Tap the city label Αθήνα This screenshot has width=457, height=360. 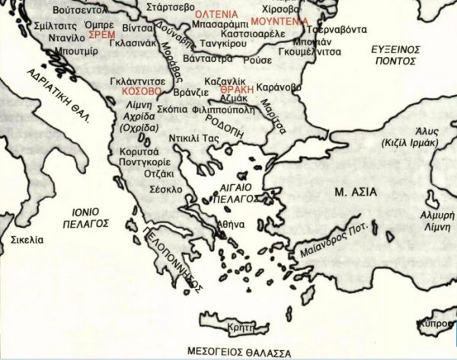[231, 225]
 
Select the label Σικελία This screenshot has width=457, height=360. [27, 240]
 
